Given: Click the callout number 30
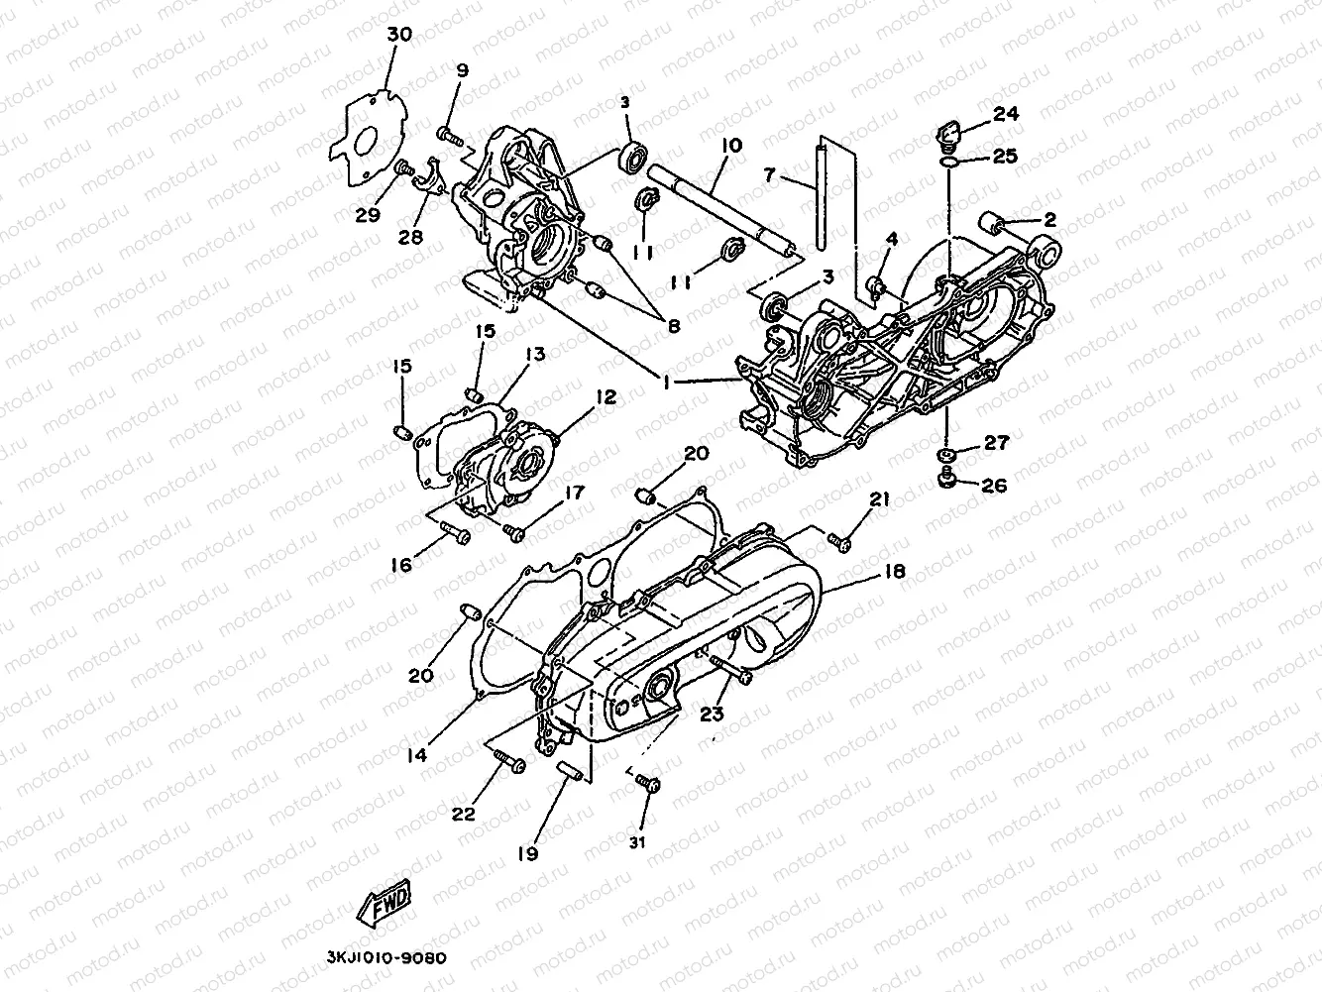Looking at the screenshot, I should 398,35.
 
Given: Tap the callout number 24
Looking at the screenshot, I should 1006,114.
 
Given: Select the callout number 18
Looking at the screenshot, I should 895,572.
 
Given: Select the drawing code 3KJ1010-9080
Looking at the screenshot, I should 386,958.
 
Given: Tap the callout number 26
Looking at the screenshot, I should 995,487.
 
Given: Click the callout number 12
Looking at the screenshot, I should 606,396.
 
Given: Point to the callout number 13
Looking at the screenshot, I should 535,355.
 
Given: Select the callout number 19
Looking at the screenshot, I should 527,852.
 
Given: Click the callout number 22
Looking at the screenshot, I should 464,815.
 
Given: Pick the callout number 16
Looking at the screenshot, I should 401,565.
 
